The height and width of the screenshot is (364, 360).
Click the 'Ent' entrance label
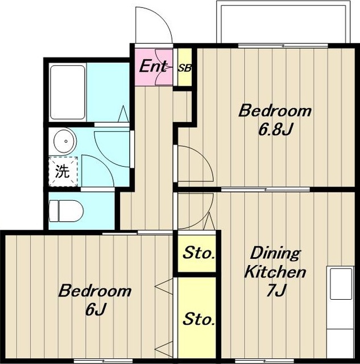153,66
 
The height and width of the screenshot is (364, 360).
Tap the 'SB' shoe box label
185,68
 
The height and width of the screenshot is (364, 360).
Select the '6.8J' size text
275,129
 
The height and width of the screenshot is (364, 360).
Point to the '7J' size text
276,290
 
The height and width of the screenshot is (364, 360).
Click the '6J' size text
96,309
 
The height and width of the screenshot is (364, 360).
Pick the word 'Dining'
275,254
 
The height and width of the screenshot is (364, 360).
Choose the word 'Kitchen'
275,272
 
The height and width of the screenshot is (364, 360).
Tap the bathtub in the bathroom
68,92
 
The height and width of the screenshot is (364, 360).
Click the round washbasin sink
65,141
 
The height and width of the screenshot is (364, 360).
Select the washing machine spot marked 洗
63,171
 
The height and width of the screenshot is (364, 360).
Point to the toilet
66,211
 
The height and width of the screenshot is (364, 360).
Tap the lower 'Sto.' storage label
198,319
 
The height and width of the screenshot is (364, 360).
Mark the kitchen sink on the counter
341,284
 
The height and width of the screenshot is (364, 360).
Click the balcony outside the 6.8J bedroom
283,22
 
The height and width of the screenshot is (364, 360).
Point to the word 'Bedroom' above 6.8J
275,111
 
